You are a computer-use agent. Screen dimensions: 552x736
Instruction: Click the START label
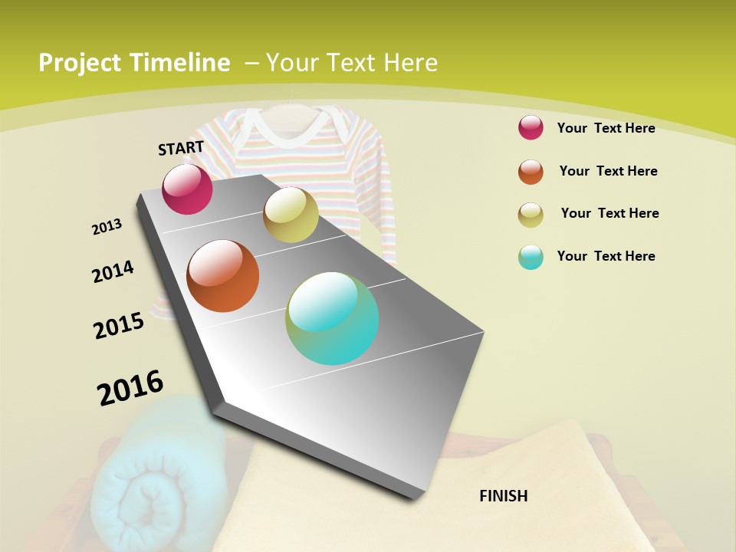point(181,147)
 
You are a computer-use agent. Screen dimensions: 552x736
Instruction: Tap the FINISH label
point(503,496)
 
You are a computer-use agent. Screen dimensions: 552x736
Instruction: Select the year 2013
point(107,227)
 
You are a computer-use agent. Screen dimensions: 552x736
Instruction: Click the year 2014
point(113,272)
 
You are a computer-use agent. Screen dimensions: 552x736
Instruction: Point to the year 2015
point(119,326)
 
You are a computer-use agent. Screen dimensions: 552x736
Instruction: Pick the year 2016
point(130,388)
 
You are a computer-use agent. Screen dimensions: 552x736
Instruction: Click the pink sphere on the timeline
point(187,189)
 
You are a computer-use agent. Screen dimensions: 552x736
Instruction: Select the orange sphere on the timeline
point(223,276)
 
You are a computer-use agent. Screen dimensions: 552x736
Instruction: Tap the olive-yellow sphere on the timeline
point(291,215)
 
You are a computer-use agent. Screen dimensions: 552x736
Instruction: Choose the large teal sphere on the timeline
point(332,318)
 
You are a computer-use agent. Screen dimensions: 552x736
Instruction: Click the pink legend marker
point(531,127)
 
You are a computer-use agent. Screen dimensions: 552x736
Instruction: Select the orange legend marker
point(531,171)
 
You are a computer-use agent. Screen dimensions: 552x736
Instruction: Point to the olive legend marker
point(531,214)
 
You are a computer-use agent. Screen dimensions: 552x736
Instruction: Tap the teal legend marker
point(531,257)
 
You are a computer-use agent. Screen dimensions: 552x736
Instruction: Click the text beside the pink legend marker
point(606,128)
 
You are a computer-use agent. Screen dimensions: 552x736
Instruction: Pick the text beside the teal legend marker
point(606,256)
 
